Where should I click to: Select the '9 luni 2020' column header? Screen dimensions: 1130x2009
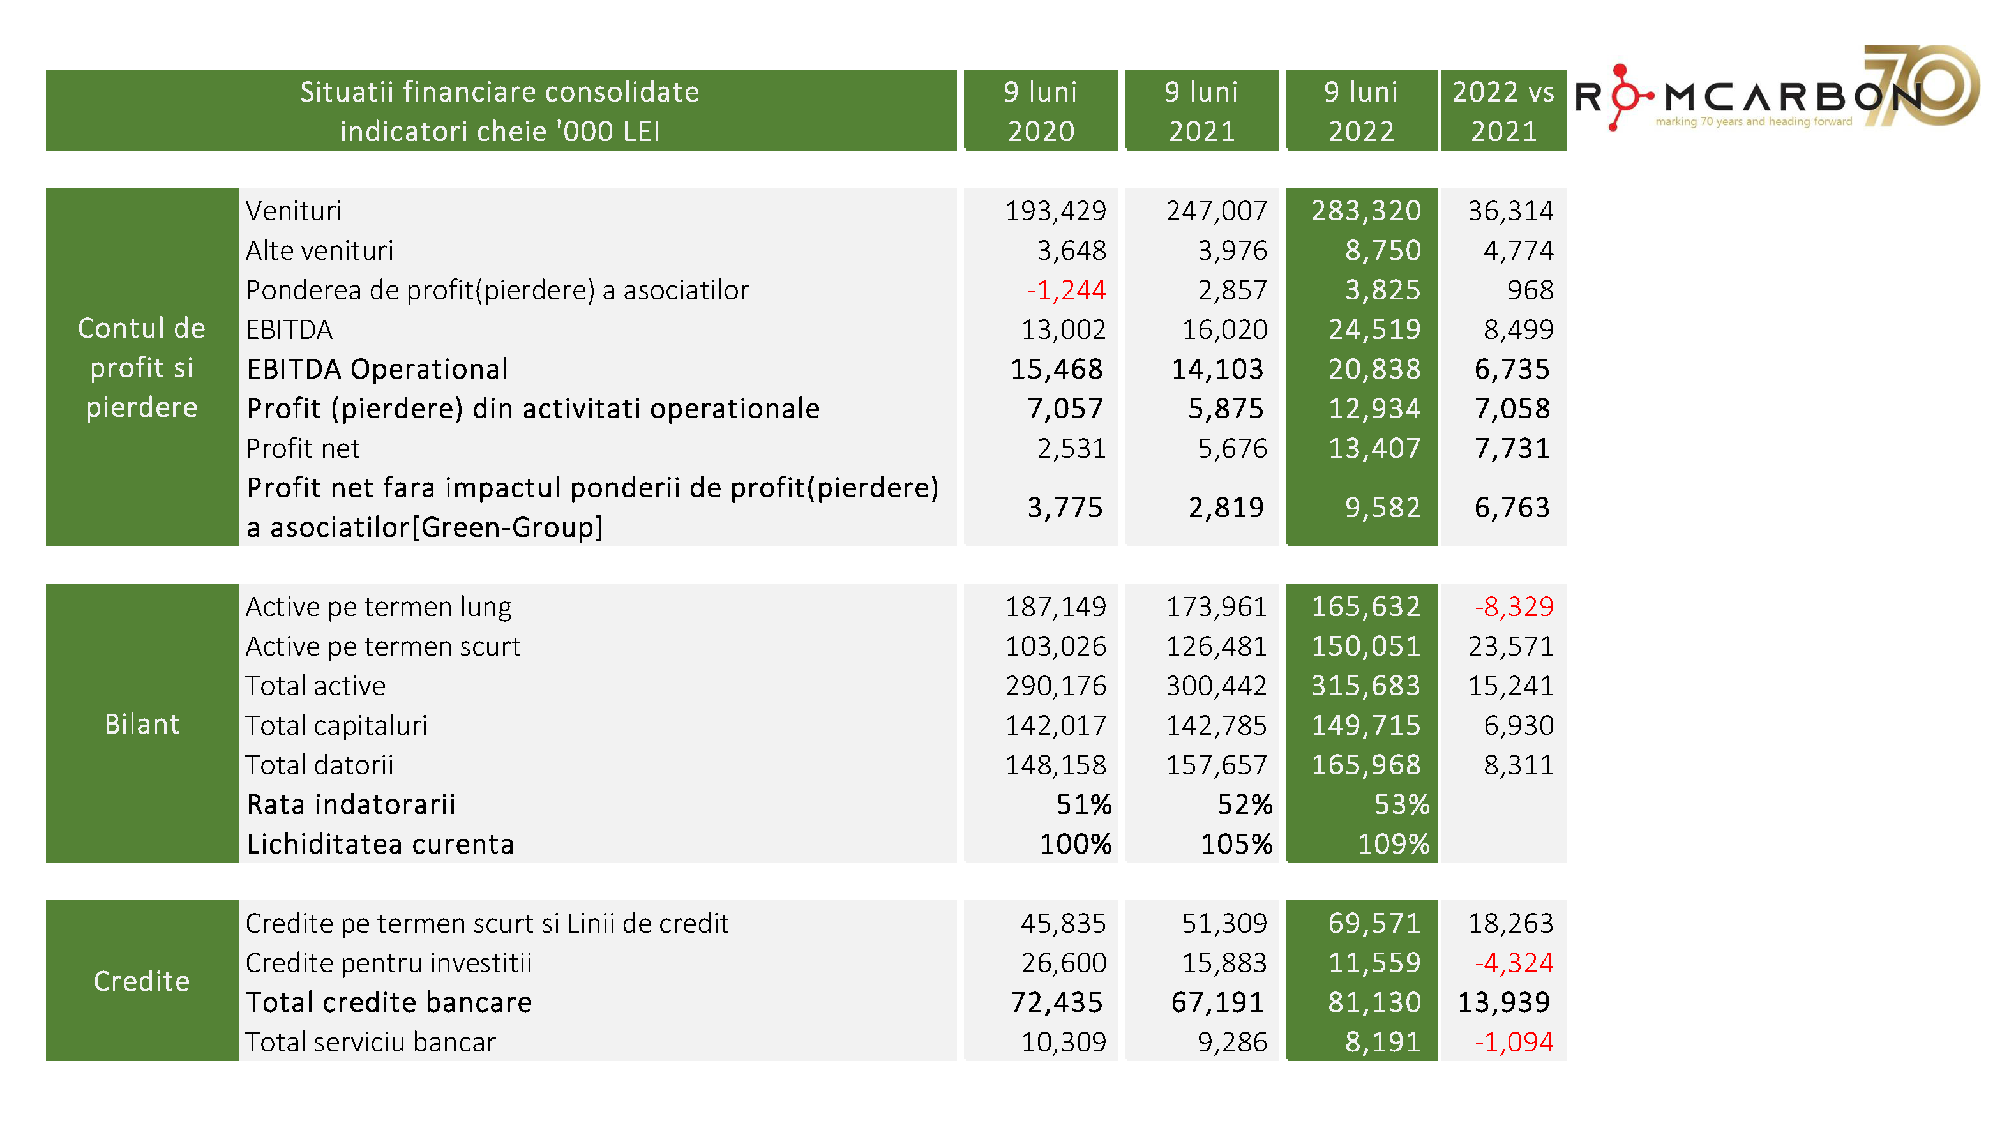[1041, 110]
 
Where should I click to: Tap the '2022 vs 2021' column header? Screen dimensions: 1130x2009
[1503, 110]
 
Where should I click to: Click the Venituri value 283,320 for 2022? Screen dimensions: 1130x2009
[1366, 211]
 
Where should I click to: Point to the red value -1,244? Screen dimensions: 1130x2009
[1066, 290]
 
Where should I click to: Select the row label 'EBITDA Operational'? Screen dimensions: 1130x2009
[377, 369]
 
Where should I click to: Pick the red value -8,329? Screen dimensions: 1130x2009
[1514, 606]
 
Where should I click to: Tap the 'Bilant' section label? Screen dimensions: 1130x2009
[142, 724]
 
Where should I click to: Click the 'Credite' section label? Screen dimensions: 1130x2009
[142, 981]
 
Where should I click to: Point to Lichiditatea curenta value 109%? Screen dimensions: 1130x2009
[1393, 845]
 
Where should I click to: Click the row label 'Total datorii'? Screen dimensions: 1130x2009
[319, 765]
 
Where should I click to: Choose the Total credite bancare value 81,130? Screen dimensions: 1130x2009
[1374, 1002]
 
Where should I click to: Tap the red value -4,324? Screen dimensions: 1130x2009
[1514, 963]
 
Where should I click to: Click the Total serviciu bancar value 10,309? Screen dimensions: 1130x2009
[1063, 1042]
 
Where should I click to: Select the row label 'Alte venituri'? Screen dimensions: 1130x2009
[319, 250]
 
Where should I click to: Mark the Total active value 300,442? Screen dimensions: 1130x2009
[1216, 686]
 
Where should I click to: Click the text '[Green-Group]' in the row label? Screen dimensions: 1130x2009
[507, 528]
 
